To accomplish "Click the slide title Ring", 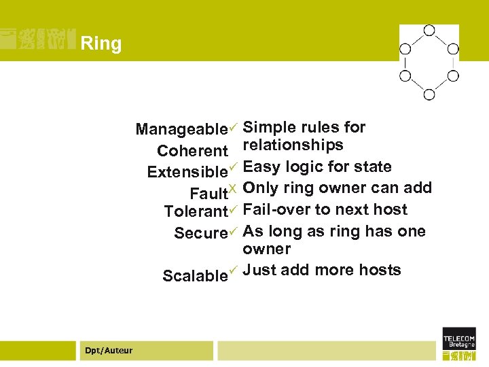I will point(101,44).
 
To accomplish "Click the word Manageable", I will point(181,129).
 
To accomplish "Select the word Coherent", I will point(192,151).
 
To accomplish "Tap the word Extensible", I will point(187,172).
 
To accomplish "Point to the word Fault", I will point(208,193).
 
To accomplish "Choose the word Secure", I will point(200,233).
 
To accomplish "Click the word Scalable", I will point(195,276).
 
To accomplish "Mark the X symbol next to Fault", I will point(232,188).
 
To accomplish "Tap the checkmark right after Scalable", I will point(232,270).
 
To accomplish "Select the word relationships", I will point(293,145).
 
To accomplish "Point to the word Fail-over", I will point(274,209).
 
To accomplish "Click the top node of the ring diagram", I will point(429,30).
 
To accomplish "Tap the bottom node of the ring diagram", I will point(429,94).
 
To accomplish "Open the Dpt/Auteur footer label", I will point(109,350).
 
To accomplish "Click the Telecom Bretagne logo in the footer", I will point(459,343).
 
